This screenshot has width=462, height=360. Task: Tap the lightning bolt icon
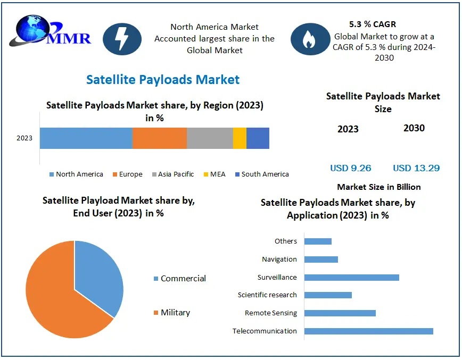click(122, 39)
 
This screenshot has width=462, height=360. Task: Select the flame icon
click(309, 39)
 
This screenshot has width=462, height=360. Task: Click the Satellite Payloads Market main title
click(163, 80)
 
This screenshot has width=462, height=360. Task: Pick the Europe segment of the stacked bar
click(159, 138)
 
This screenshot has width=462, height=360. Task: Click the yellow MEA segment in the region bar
click(240, 138)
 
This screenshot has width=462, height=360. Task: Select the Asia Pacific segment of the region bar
click(210, 138)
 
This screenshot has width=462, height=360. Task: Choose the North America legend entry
click(76, 174)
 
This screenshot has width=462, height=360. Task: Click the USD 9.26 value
click(351, 168)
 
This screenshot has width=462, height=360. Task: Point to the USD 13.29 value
click(416, 168)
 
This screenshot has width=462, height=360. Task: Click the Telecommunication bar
click(368, 331)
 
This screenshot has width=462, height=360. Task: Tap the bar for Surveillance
click(351, 277)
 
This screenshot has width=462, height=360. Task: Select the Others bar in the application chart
click(318, 241)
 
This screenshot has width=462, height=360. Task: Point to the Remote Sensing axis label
click(271, 313)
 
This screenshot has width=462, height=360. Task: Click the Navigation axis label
click(279, 259)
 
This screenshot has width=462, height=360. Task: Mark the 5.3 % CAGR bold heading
click(373, 24)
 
